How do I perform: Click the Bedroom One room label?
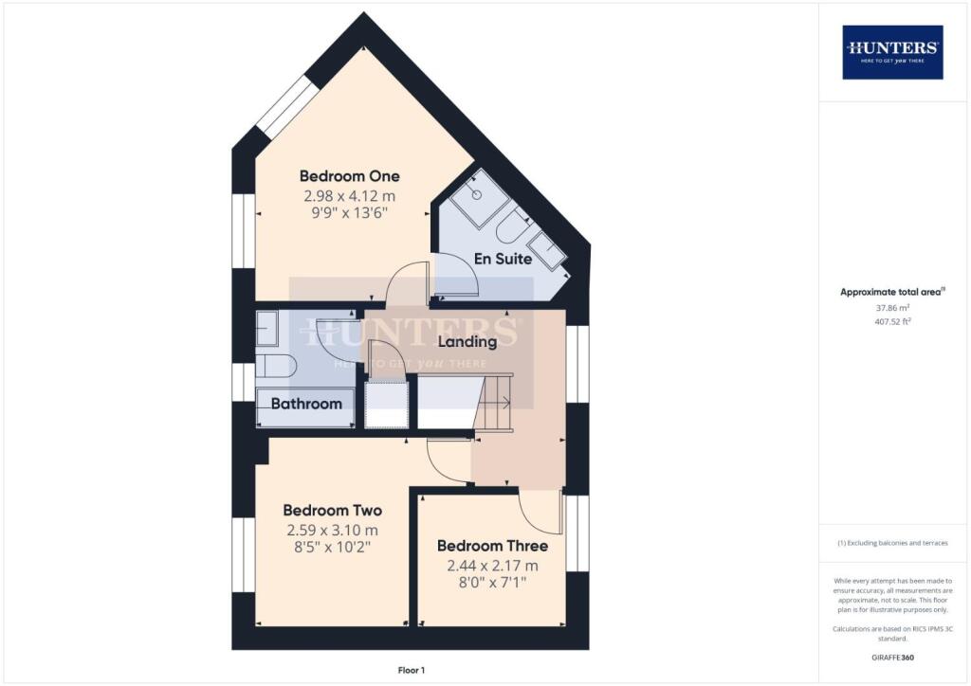349,176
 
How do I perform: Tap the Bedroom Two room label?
333,511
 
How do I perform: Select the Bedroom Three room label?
492,546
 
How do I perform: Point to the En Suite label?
503,259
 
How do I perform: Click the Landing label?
467,341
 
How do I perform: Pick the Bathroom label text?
306,404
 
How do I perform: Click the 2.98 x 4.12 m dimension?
349,196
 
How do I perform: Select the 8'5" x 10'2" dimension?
333,547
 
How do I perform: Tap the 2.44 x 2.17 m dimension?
492,566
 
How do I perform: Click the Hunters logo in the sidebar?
892,52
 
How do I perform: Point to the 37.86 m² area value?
892,307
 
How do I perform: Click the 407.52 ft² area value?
893,321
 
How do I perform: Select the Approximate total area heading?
892,292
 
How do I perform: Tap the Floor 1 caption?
412,670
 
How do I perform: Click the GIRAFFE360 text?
892,658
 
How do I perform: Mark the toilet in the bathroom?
276,366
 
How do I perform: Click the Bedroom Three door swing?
540,511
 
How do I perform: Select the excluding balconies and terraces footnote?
892,543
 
